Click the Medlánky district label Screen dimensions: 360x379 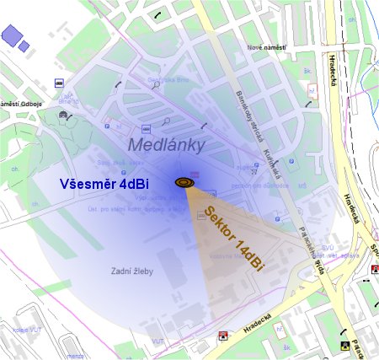click(x=167, y=145)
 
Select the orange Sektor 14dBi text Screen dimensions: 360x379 click(x=235, y=238)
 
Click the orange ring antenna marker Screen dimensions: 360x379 click(x=184, y=181)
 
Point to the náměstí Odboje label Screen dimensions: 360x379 click(x=20, y=104)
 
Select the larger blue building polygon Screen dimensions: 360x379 click(x=12, y=35)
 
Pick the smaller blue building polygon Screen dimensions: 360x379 click(x=24, y=46)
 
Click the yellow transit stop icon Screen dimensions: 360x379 click(x=344, y=344)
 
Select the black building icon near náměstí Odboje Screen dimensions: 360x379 click(x=62, y=113)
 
